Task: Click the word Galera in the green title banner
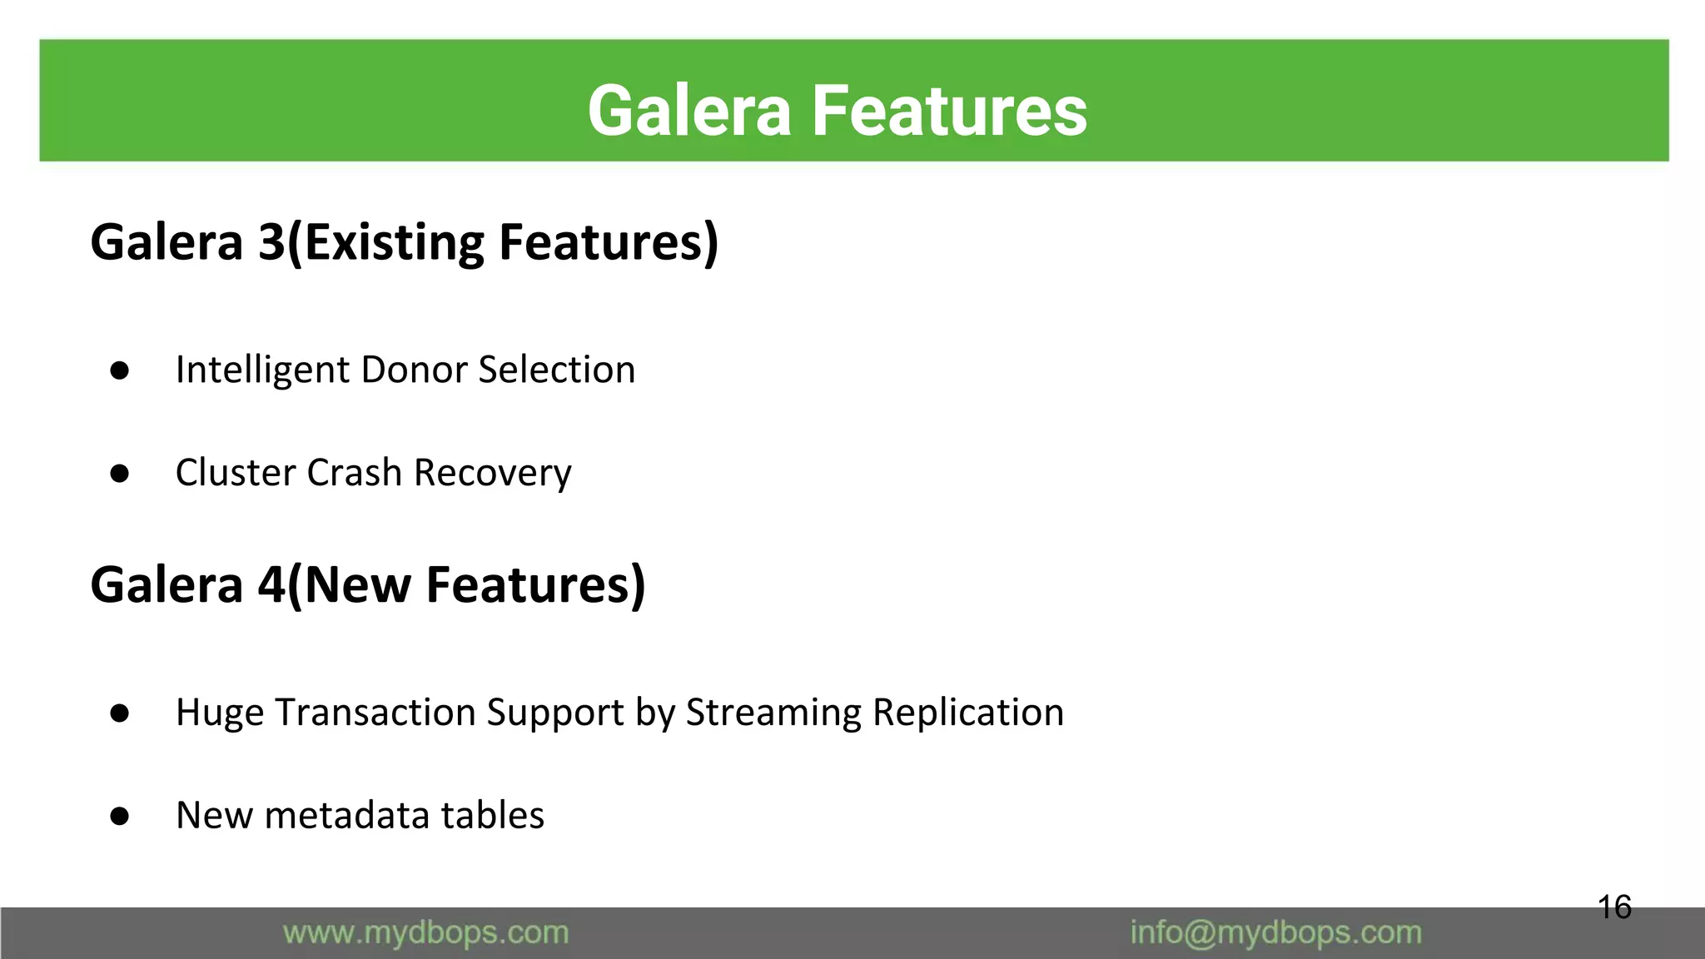click(x=688, y=111)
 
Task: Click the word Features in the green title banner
click(x=949, y=111)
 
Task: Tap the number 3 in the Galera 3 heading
click(x=271, y=242)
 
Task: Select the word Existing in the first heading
click(x=394, y=242)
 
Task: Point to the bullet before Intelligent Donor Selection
click(x=120, y=370)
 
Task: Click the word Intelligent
click(x=261, y=370)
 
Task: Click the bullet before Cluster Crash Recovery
click(x=120, y=474)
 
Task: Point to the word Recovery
click(x=493, y=473)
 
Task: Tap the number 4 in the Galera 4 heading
click(x=271, y=584)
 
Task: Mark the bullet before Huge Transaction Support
click(x=120, y=713)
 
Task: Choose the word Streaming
click(x=773, y=713)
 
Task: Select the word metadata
click(x=346, y=815)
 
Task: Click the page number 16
click(x=1614, y=907)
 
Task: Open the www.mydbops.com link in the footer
click(x=425, y=933)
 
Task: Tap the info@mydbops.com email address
click(x=1275, y=933)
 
